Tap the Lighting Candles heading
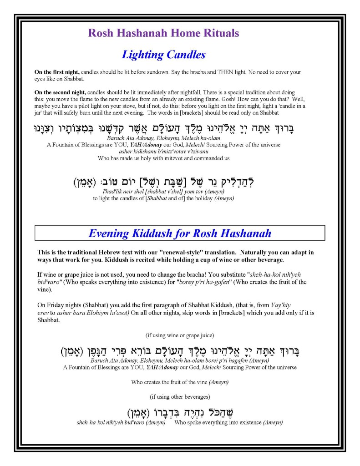pos(163,55)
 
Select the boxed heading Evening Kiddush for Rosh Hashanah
pos(180,234)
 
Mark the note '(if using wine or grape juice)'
pos(180,336)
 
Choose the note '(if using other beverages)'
pos(180,396)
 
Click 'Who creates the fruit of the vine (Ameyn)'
pos(180,382)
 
